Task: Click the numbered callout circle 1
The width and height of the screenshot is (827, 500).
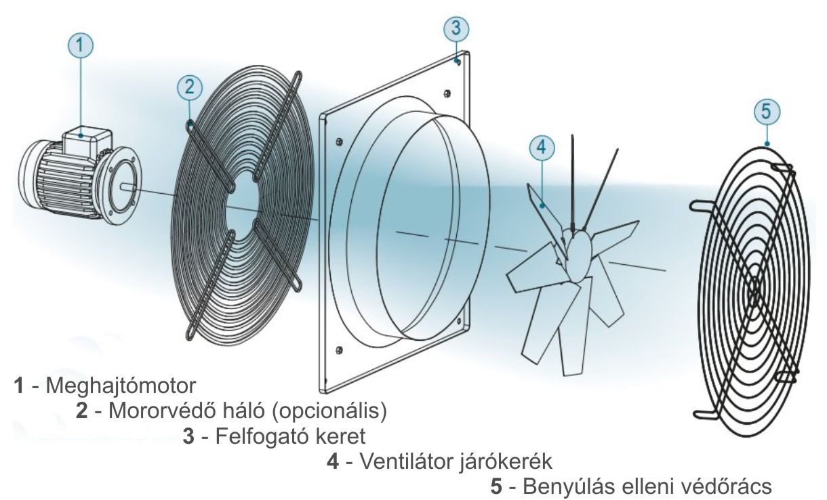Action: pos(81,47)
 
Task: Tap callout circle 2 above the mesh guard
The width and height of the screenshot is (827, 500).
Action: pos(189,86)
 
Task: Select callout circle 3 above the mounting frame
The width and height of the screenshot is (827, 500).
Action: pos(456,28)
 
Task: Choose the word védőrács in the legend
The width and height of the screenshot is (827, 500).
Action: pos(729,486)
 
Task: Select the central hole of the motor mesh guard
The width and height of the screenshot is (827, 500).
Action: pos(241,203)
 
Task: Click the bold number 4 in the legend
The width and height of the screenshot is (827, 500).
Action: pos(332,462)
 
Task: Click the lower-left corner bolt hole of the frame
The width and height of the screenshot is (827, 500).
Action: pos(338,350)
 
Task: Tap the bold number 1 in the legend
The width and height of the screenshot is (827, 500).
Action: pos(20,387)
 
